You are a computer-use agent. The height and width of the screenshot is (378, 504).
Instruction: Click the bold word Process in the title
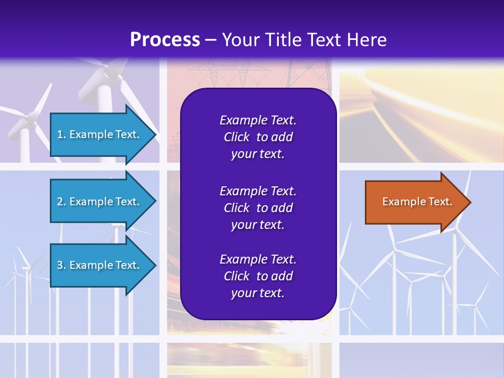[x=165, y=39]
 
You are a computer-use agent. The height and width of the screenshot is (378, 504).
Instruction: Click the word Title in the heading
[x=286, y=39]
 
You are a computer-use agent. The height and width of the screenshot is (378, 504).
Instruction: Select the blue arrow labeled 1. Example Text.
[x=100, y=134]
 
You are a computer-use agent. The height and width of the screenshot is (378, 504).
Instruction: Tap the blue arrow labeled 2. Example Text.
[x=100, y=202]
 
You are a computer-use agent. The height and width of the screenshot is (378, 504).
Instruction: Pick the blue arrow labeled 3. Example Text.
[x=100, y=265]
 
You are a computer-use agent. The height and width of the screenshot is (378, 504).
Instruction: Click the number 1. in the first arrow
[x=61, y=134]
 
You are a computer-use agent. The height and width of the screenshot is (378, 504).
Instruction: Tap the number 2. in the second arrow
[x=61, y=202]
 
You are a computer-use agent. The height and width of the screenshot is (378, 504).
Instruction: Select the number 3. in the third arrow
[x=61, y=265]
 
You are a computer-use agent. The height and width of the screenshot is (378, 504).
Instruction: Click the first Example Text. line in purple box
[x=258, y=120]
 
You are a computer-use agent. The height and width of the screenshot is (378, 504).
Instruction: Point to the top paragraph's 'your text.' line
[x=258, y=154]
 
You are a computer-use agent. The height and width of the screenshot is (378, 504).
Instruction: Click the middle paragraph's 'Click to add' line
[x=258, y=208]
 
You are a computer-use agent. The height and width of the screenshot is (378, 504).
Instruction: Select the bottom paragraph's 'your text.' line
[x=258, y=293]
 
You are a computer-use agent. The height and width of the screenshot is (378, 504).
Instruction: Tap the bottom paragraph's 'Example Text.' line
[x=258, y=259]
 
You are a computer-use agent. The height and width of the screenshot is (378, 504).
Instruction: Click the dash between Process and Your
[x=211, y=40]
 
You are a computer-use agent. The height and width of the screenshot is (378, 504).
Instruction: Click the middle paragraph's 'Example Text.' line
[x=258, y=191]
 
